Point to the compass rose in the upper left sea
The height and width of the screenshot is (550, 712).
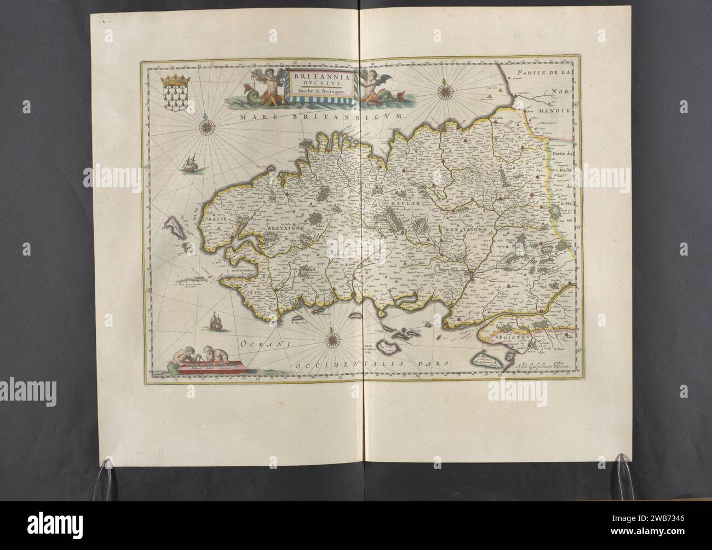click(x=208, y=127)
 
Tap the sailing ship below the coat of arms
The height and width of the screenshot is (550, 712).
click(x=189, y=163)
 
